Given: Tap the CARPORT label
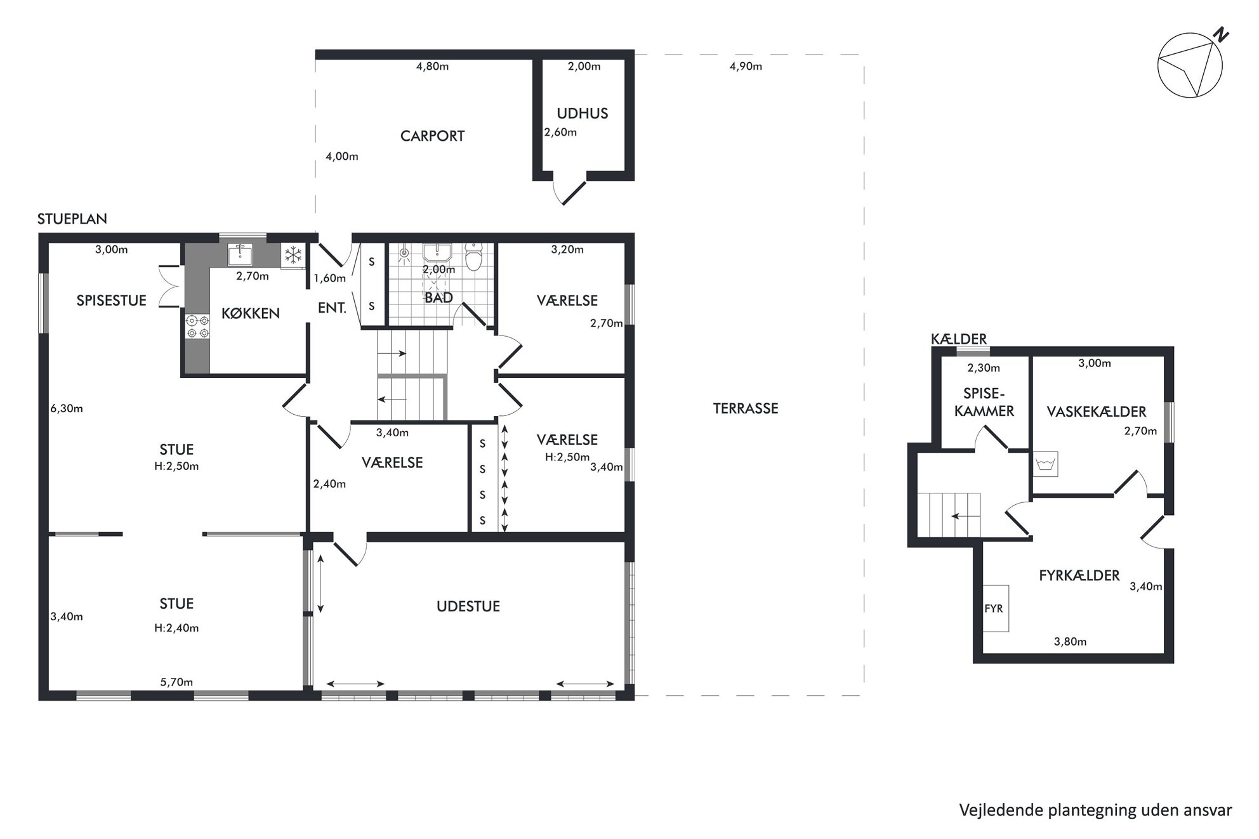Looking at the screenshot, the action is [x=432, y=136].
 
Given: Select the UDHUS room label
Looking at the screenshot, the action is [x=583, y=114].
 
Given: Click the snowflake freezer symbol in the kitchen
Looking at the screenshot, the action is [x=293, y=256].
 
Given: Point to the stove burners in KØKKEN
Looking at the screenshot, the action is [x=197, y=327].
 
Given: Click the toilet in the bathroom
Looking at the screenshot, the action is [x=473, y=256].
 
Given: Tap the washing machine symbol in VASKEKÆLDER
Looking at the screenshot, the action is [x=1045, y=464].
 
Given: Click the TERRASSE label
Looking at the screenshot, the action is [x=746, y=408].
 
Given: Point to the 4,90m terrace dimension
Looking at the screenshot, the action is [x=746, y=66].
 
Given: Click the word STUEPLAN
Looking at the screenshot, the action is [x=72, y=219].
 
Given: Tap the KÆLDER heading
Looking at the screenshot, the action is [x=959, y=339].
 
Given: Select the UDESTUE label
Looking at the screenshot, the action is [x=468, y=606].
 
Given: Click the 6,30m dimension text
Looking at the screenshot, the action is [x=67, y=408].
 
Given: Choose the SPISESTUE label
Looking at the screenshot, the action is [x=112, y=301].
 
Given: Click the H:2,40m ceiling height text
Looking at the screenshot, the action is [x=176, y=628].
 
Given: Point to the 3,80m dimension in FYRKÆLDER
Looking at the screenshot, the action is [x=1071, y=641].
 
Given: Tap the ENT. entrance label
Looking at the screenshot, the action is [x=333, y=308].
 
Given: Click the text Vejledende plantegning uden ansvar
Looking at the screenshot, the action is [x=1096, y=810].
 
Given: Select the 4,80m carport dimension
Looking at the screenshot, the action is [x=432, y=66].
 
